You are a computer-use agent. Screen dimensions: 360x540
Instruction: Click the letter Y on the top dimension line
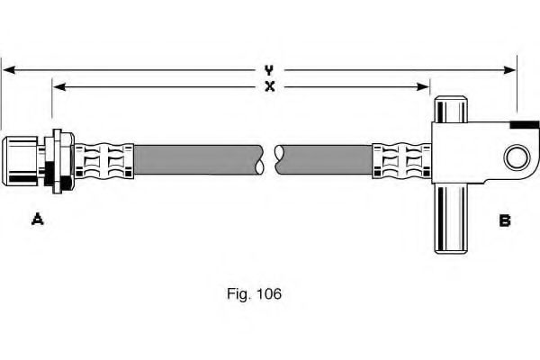point(269,68)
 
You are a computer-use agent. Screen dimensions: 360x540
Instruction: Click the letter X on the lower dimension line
point(269,86)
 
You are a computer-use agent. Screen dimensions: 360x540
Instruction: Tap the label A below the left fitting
point(38,219)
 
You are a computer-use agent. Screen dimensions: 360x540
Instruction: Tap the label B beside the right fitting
point(505,219)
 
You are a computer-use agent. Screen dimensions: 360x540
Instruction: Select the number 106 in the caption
point(270,293)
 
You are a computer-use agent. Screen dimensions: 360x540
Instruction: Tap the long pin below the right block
point(453,220)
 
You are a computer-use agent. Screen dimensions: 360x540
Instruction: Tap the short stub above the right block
point(453,109)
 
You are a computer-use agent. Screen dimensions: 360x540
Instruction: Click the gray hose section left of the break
point(198,158)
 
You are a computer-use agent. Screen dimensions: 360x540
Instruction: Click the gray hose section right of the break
point(324,158)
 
